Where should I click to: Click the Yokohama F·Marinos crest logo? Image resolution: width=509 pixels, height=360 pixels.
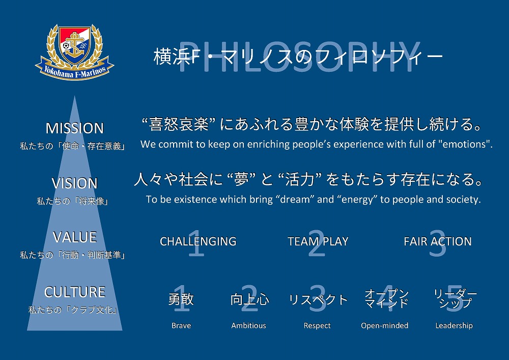(75, 52)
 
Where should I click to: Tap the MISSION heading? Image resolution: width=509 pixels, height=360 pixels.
(75, 128)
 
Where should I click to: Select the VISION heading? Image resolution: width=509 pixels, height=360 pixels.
(75, 183)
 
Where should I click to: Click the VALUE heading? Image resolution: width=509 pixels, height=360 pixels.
(75, 237)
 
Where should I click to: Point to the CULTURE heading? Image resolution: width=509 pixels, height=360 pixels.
(75, 292)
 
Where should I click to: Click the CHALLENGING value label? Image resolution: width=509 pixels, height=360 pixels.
(198, 241)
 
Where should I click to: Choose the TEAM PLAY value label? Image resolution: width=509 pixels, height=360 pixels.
(318, 241)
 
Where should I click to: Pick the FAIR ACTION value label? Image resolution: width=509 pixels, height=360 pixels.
(438, 241)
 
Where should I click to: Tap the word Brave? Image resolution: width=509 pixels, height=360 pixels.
(181, 325)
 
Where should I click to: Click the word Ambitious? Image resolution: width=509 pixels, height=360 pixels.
(249, 325)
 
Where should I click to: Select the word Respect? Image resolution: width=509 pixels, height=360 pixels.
(317, 325)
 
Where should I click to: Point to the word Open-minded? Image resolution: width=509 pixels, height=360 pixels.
(385, 325)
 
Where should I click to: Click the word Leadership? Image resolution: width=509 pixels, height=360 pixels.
(454, 325)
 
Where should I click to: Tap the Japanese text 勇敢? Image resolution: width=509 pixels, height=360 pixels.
(181, 299)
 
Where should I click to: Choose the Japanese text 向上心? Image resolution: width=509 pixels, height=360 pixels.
(249, 299)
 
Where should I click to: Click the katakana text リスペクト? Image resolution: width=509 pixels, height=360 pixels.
(318, 299)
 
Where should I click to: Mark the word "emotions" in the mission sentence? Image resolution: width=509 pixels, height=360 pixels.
(464, 144)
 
